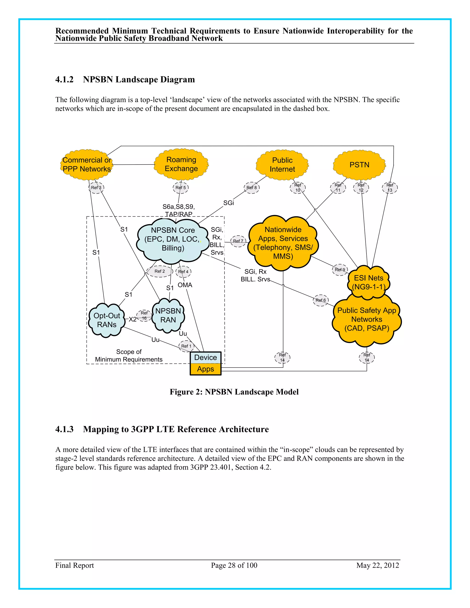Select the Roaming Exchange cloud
(x=181, y=164)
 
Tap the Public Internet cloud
(x=282, y=165)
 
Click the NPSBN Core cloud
(x=173, y=239)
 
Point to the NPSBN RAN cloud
(x=168, y=315)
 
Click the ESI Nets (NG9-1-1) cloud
(x=368, y=282)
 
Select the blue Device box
(x=205, y=357)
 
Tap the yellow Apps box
(x=205, y=369)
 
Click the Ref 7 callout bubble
(x=238, y=241)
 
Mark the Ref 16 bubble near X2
(x=144, y=316)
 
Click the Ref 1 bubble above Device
(x=186, y=346)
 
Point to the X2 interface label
(x=133, y=319)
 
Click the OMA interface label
(x=185, y=285)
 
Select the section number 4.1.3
(x=64, y=429)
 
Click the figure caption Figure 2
(x=234, y=392)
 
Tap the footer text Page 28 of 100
(x=234, y=565)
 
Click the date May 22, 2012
(x=378, y=565)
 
